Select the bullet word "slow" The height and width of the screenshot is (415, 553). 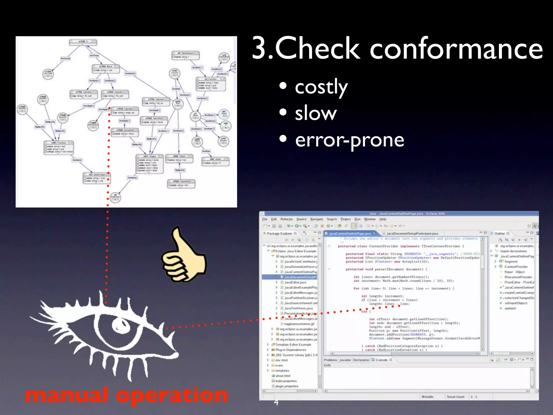[x=316, y=113]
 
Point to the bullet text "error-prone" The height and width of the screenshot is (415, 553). [x=349, y=140]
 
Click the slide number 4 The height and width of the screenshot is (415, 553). [x=276, y=402]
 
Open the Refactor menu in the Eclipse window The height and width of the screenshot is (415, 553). [x=286, y=219]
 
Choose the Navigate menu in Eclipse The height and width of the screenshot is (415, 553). [x=316, y=219]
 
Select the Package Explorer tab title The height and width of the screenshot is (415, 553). [x=279, y=233]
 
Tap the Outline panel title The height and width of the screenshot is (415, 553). [x=499, y=233]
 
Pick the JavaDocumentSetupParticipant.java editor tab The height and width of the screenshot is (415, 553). [x=412, y=233]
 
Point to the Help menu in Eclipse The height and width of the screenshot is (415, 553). [x=383, y=219]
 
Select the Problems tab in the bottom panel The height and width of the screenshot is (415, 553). [x=331, y=360]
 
